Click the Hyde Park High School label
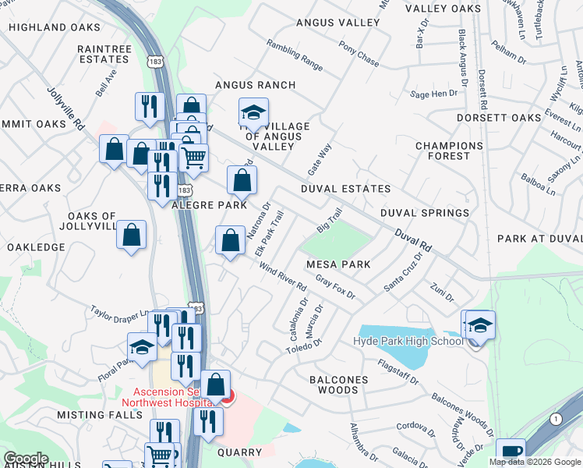pyautogui.click(x=408, y=341)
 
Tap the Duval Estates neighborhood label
pyautogui.click(x=345, y=189)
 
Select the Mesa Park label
pyautogui.click(x=338, y=264)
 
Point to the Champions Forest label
pyautogui.click(x=449, y=151)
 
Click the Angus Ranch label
pyautogui.click(x=255, y=85)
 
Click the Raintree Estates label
pyautogui.click(x=104, y=53)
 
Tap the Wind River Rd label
pyautogui.click(x=283, y=278)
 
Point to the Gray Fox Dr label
pyautogui.click(x=335, y=290)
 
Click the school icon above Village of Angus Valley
pyautogui.click(x=253, y=112)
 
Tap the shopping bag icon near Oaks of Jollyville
pyautogui.click(x=132, y=234)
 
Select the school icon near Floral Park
pyautogui.click(x=143, y=348)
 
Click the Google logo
pyautogui.click(x=26, y=458)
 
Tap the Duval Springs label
pyautogui.click(x=425, y=212)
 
